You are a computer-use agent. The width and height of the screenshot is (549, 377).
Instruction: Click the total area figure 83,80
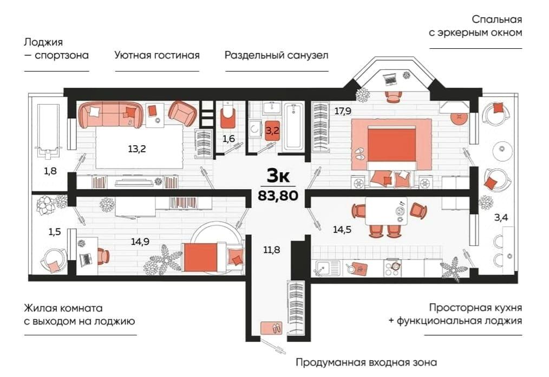(x=278, y=195)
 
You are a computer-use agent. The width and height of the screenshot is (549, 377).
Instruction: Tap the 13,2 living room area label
(x=137, y=149)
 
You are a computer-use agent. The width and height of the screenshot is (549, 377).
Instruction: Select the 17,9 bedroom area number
(x=343, y=112)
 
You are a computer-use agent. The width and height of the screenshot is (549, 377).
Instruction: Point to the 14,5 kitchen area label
(x=342, y=230)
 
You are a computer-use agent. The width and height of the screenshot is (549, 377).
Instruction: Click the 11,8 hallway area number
(x=272, y=250)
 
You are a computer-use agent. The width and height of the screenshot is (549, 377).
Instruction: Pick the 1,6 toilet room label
(x=228, y=139)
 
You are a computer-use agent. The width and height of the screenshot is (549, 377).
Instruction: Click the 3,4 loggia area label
(x=501, y=218)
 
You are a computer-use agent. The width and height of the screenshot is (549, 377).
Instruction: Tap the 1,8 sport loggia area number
(x=50, y=171)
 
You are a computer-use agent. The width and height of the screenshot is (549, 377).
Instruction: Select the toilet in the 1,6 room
(x=227, y=116)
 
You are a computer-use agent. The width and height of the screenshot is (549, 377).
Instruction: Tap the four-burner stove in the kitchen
(x=392, y=268)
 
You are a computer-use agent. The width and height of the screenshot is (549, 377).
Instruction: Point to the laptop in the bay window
(x=389, y=80)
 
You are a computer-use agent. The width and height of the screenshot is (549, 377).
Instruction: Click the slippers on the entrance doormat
(x=277, y=328)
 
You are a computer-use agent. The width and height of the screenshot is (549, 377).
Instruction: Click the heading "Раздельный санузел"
(x=277, y=55)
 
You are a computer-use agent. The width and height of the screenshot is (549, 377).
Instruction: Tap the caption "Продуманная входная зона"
(x=366, y=362)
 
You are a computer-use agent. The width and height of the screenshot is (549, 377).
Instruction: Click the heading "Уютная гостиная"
(x=157, y=55)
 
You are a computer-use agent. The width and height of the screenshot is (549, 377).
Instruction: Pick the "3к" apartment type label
(x=278, y=176)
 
